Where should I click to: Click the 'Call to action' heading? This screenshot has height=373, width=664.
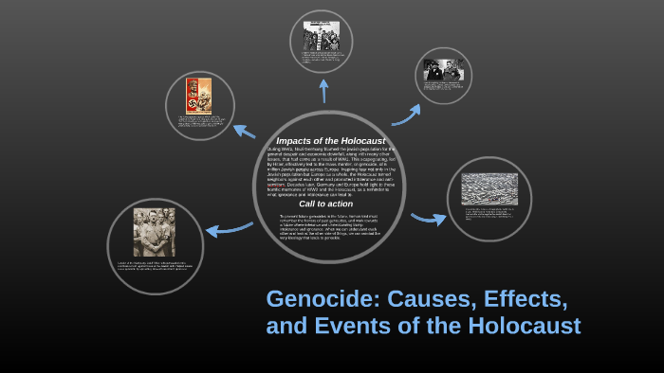[325, 204]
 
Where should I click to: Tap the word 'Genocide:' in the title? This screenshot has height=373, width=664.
[318, 298]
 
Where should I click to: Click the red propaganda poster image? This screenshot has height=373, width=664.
[198, 96]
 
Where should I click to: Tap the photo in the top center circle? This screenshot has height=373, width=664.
[322, 36]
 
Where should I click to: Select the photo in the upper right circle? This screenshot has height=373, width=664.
[444, 71]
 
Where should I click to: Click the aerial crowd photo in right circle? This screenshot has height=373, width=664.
[489, 189]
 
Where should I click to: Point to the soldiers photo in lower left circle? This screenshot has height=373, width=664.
[154, 233]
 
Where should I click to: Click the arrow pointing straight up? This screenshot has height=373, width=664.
[323, 90]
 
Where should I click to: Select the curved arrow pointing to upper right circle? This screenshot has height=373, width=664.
[406, 115]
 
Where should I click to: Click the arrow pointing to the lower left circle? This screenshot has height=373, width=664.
[229, 228]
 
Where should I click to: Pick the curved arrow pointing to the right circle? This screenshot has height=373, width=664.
[429, 219]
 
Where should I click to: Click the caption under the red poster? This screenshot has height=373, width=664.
[199, 124]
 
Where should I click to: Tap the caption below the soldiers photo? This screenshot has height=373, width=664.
[155, 266]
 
